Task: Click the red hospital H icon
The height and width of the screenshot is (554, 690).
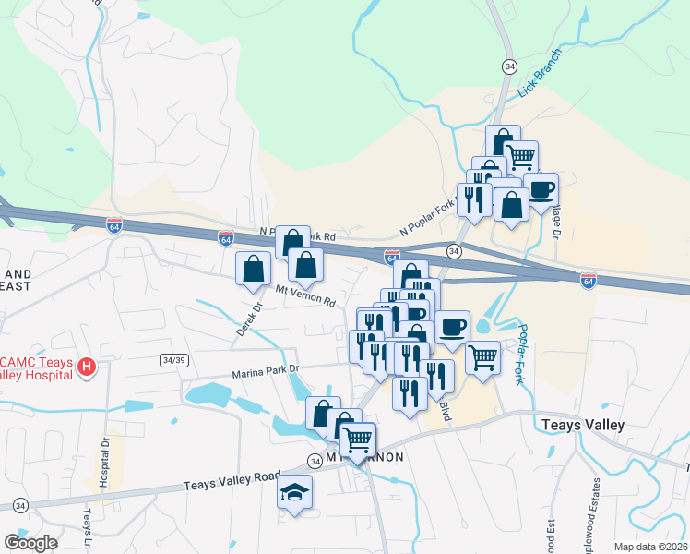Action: [x=87, y=367]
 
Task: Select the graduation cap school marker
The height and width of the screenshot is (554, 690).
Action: [x=295, y=492]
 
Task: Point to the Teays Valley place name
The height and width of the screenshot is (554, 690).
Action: [x=582, y=425]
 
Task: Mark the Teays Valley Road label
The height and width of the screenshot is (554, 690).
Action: [x=231, y=480]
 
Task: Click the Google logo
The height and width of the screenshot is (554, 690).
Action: [x=30, y=542]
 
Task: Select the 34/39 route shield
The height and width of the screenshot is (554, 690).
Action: [x=170, y=358]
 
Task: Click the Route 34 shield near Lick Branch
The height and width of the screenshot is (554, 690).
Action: [x=508, y=66]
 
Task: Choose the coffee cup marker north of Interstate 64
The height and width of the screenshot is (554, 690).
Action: [x=541, y=190]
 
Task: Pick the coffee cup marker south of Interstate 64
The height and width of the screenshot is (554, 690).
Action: [x=452, y=328]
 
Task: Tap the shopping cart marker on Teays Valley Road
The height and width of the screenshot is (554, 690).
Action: [x=357, y=440]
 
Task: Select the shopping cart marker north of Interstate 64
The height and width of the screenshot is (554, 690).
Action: [x=521, y=158]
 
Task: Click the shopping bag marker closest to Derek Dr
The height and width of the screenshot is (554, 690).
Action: [x=254, y=270]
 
